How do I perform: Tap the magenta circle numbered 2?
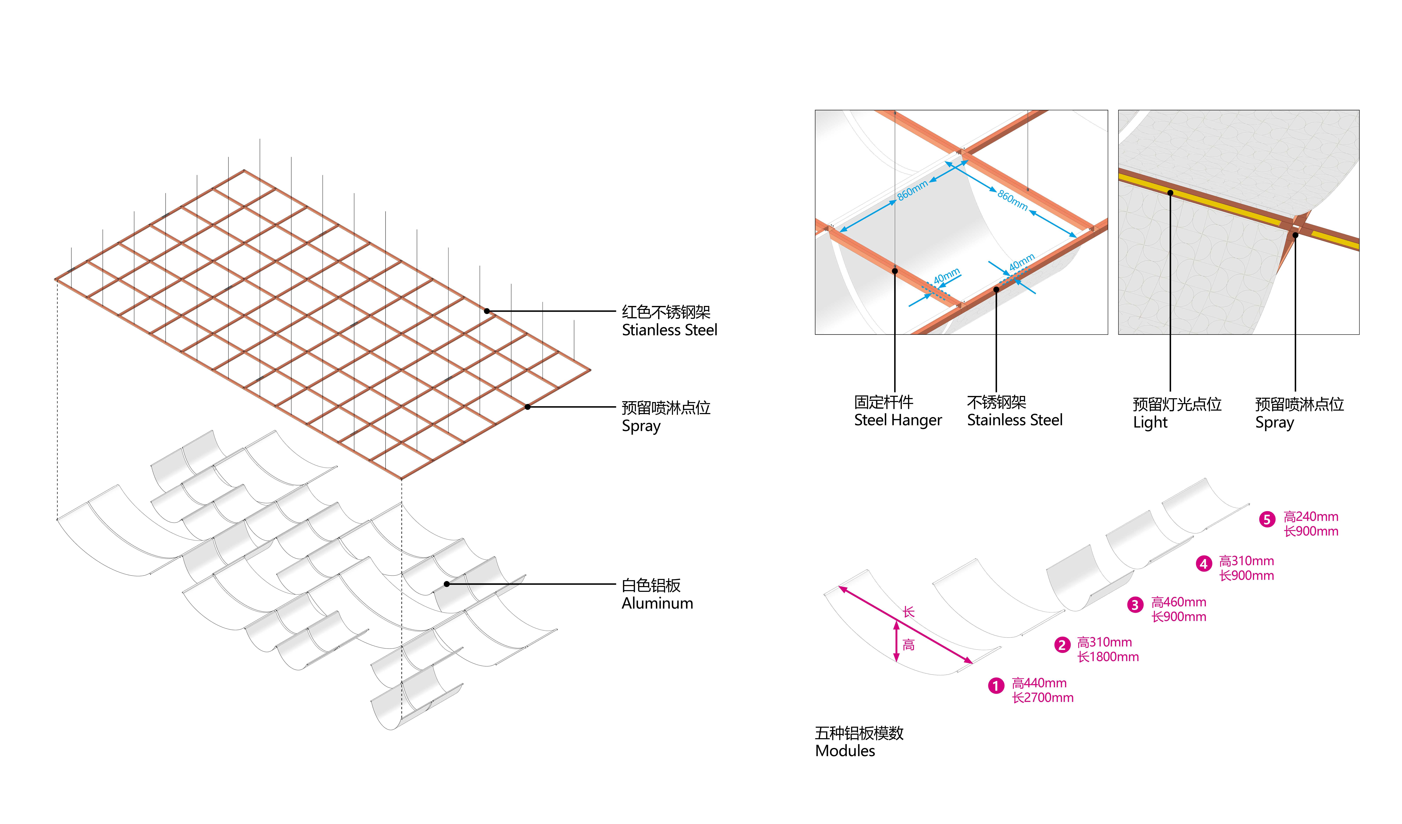tap(1062, 645)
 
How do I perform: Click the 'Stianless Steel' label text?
tap(669, 330)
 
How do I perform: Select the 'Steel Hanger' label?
tap(897, 420)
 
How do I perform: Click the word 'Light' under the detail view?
tap(1150, 423)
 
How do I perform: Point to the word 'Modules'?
tap(845, 751)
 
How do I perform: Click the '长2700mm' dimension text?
tap(1043, 698)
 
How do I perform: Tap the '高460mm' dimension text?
tap(1178, 602)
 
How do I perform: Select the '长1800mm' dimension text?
tap(1108, 657)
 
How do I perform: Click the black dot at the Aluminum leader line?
tap(447, 584)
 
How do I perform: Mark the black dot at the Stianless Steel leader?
tap(487, 311)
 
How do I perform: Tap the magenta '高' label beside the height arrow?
tap(908, 645)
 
